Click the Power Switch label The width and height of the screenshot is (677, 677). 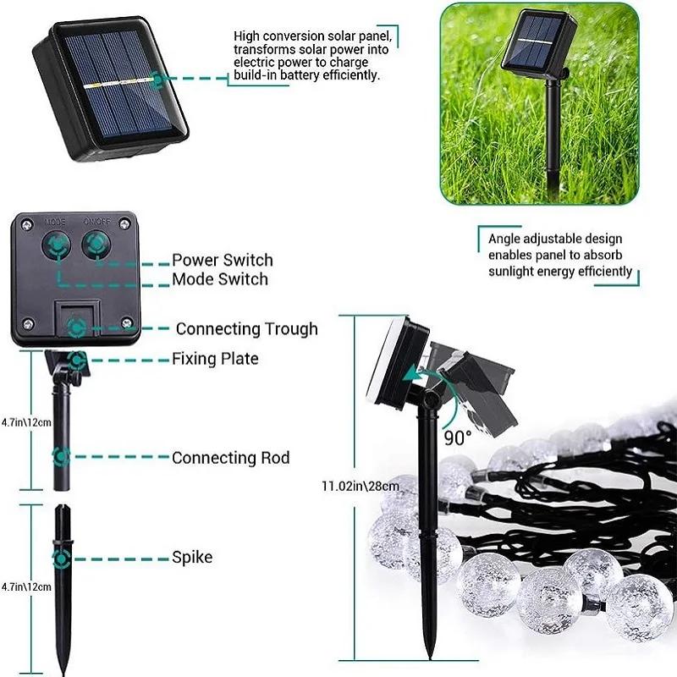(223, 260)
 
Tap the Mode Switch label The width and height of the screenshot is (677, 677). (220, 279)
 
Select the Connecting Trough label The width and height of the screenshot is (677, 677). (246, 328)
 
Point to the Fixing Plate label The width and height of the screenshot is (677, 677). (216, 359)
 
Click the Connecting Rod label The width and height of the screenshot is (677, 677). (230, 458)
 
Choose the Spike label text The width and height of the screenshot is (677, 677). (192, 558)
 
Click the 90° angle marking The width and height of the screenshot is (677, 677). (458, 438)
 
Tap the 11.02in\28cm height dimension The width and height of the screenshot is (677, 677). (360, 486)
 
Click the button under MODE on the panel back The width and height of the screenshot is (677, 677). (56, 245)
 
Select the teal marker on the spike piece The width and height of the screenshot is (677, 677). (61, 558)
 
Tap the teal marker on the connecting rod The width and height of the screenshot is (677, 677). (61, 457)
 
